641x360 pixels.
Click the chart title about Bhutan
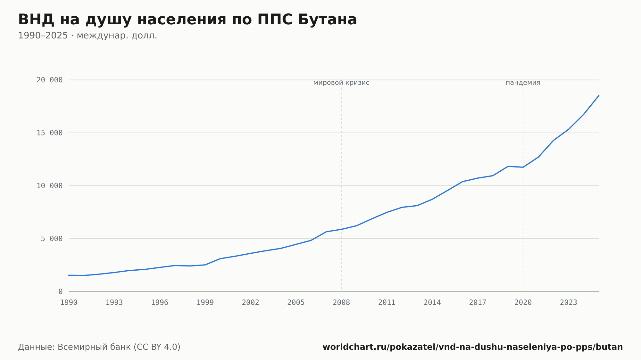click(x=187, y=20)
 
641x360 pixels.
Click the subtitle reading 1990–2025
click(x=87, y=36)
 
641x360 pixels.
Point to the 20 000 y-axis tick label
click(x=49, y=80)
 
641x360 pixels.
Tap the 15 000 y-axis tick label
click(x=49, y=133)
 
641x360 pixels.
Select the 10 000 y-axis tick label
click(x=49, y=186)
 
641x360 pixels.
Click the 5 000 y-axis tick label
click(x=52, y=239)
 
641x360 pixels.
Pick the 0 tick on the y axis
click(x=60, y=291)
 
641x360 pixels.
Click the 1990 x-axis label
click(x=69, y=303)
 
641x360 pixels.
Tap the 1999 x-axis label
click(x=205, y=303)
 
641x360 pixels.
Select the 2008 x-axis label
click(x=341, y=303)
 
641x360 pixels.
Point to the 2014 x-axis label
click(x=432, y=303)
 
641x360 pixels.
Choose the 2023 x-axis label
click(x=569, y=303)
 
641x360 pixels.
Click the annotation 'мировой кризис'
click(x=341, y=83)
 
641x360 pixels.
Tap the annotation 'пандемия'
click(x=523, y=83)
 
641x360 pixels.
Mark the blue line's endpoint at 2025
click(x=599, y=95)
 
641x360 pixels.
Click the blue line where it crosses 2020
click(x=523, y=167)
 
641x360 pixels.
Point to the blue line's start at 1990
click(x=69, y=275)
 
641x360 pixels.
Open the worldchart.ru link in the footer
click(x=473, y=347)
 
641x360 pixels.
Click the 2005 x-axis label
click(x=296, y=303)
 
